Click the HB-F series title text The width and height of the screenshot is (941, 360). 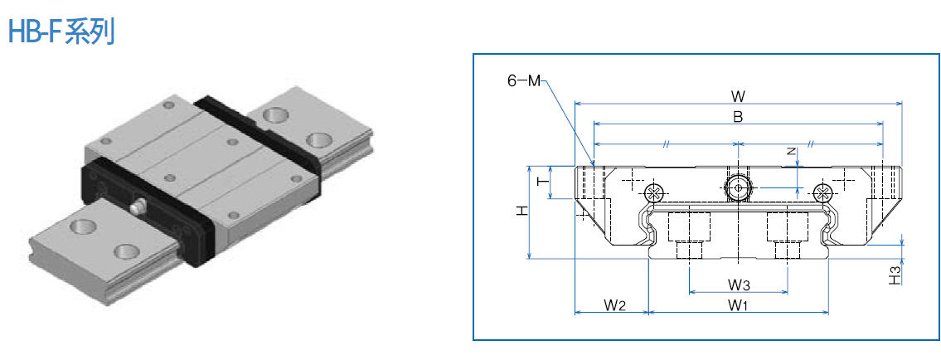[x=61, y=32]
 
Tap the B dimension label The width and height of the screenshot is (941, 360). [x=737, y=117]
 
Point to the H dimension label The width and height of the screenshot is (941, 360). [x=521, y=212]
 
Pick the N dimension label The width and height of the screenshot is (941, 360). [x=791, y=152]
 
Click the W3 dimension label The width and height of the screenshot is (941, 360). [x=739, y=285]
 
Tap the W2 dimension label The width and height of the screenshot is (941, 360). [x=614, y=305]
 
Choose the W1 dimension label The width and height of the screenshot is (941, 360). [x=739, y=305]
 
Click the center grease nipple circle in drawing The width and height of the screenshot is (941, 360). [x=737, y=188]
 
